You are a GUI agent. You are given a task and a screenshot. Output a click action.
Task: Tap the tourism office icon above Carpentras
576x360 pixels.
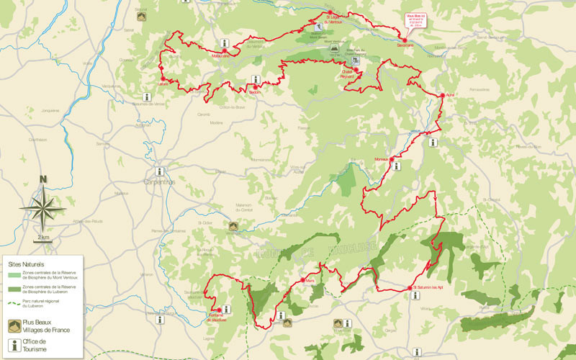[160, 172]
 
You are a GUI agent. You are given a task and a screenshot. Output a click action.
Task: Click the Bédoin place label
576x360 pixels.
[256, 92]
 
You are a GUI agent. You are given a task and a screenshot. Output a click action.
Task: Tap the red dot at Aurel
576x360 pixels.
[442, 95]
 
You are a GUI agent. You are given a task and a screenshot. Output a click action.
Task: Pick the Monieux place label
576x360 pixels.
[382, 159]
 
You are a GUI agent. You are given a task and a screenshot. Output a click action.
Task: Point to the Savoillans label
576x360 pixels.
[405, 45]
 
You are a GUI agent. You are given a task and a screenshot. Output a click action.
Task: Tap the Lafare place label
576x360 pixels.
[163, 84]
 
